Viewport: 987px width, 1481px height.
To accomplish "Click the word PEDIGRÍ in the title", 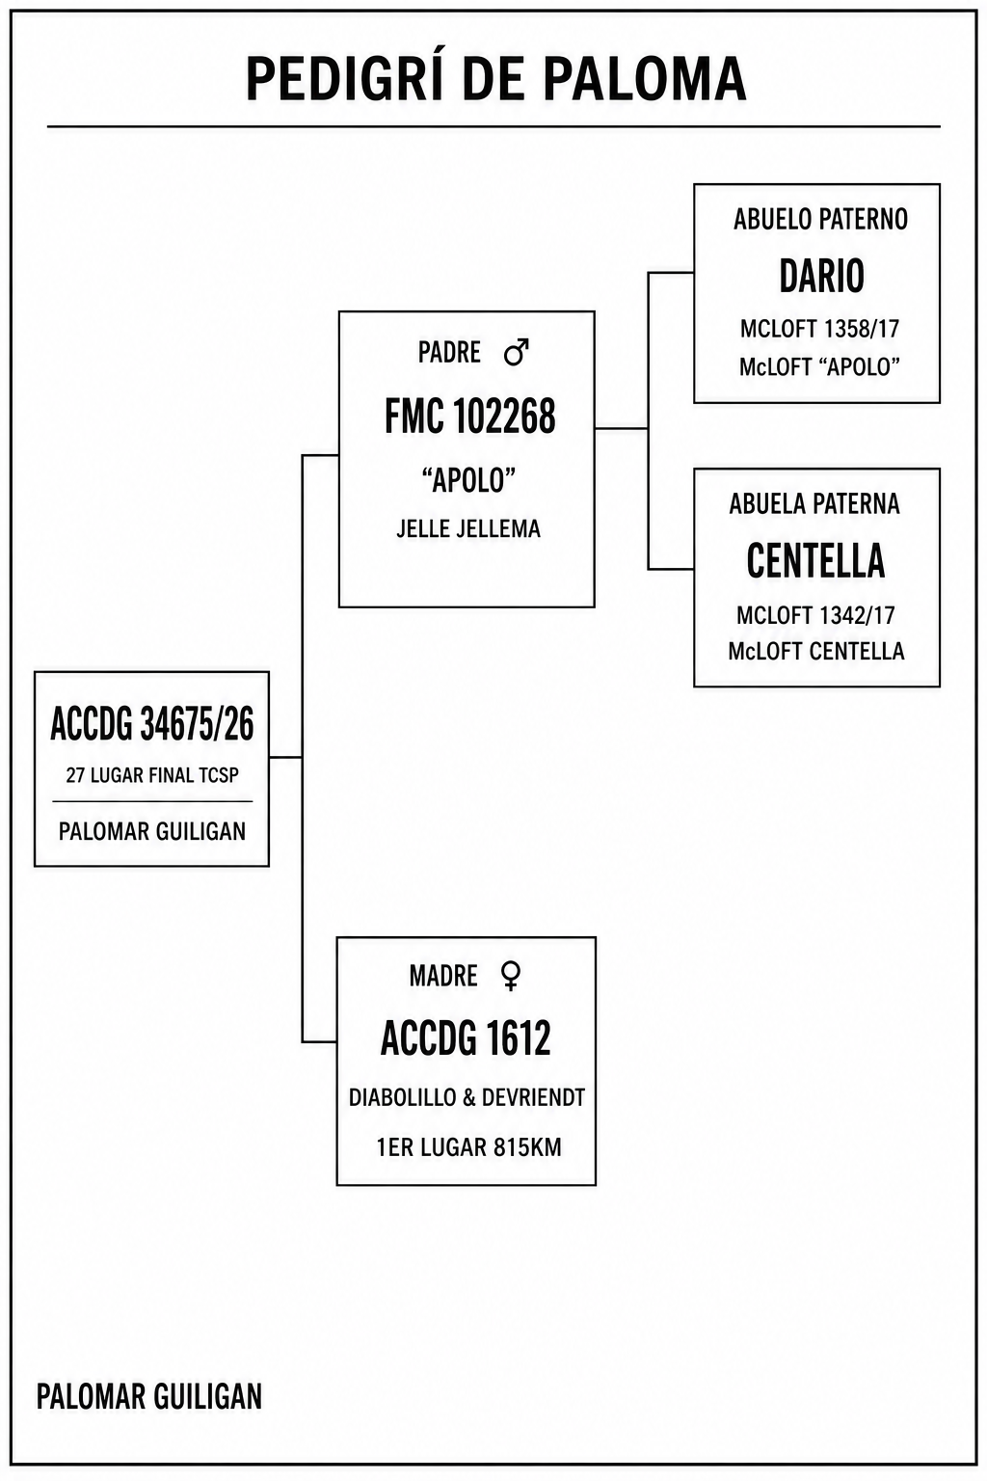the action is [344, 78].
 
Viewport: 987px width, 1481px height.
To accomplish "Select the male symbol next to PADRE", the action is [517, 352].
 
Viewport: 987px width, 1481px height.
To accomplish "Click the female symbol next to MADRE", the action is [511, 976].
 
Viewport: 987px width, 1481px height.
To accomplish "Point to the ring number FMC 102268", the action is [470, 417].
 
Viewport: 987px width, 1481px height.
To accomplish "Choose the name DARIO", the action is [822, 276].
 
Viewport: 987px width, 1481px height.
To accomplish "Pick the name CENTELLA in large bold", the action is [815, 560].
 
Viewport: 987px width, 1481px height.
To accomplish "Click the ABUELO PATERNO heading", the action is [820, 220].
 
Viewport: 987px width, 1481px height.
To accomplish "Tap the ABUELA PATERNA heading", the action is [814, 504].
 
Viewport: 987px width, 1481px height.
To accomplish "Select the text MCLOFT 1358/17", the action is [819, 329].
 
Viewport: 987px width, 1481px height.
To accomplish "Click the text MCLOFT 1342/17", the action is [815, 615].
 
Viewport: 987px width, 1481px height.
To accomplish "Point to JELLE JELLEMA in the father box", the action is [468, 529].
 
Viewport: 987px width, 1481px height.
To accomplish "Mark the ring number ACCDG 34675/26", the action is [152, 724].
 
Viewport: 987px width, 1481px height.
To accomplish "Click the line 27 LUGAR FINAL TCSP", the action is [152, 775].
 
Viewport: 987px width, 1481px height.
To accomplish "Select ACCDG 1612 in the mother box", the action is [467, 1038].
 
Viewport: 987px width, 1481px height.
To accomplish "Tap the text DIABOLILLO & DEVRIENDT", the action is [467, 1097].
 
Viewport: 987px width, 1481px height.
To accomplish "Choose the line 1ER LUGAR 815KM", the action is [468, 1147].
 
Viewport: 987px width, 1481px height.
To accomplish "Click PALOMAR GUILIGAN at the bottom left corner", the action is [149, 1396].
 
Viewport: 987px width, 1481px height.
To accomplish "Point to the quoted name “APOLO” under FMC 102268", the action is [468, 481].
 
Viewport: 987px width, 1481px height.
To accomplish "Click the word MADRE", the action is [443, 977].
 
